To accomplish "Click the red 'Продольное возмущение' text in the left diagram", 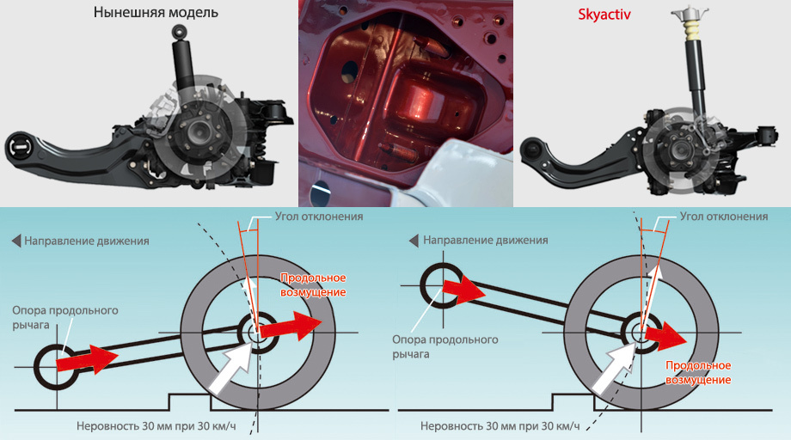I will pyautogui.click(x=314, y=285).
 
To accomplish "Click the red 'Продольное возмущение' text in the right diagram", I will pyautogui.click(x=698, y=372).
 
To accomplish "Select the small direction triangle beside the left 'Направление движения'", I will pyautogui.click(x=16, y=241).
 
